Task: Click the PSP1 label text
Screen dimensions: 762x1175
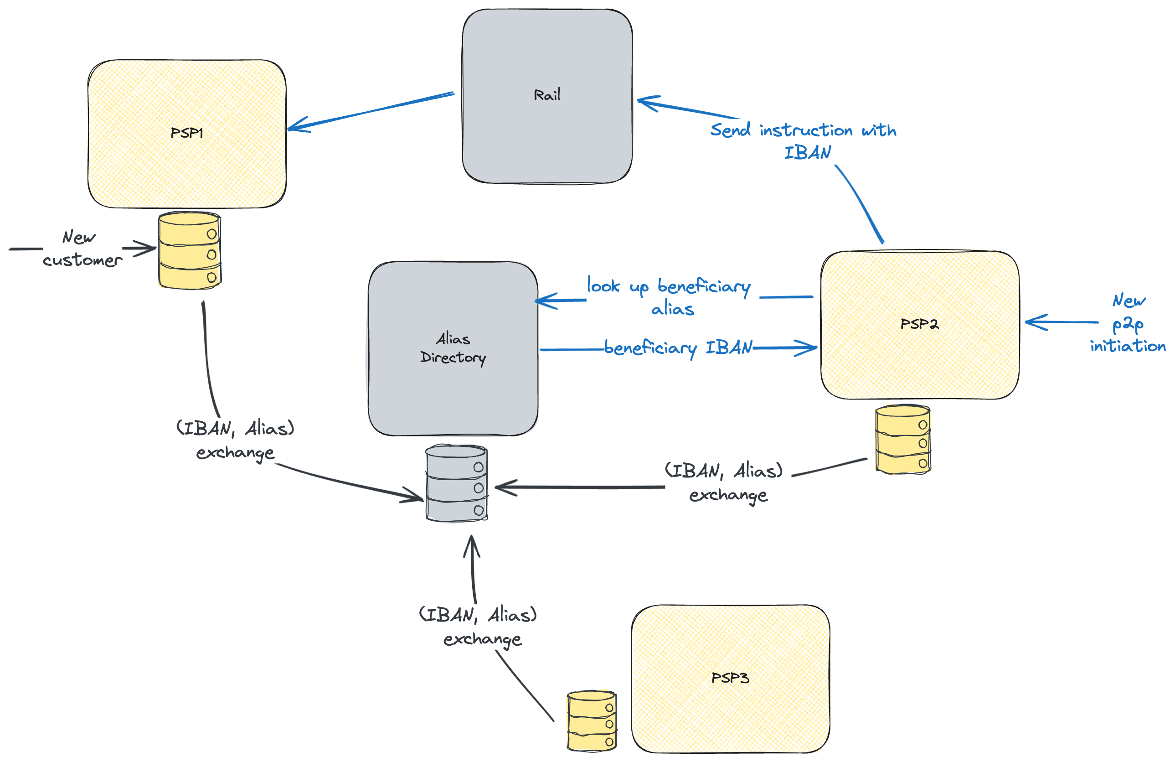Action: (x=186, y=132)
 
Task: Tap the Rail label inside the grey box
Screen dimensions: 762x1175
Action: (x=547, y=95)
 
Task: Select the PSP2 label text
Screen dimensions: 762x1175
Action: (x=919, y=324)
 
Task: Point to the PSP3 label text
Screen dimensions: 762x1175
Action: (x=730, y=678)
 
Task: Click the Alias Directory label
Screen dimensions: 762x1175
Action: (x=453, y=347)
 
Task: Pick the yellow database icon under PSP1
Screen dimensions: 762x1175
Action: (x=190, y=251)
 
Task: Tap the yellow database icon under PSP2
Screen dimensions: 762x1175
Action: (x=902, y=440)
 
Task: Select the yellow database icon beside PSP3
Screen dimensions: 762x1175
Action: (x=592, y=721)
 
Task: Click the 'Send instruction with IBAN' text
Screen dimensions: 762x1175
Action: (x=804, y=141)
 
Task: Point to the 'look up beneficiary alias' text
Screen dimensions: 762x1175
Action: (x=670, y=297)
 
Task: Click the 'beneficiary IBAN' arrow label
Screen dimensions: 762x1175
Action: (x=678, y=347)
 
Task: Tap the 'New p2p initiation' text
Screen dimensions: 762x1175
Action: (x=1128, y=323)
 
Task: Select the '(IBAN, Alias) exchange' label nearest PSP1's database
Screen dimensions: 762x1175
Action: (x=236, y=440)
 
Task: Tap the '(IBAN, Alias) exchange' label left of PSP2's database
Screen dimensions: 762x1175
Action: (x=724, y=482)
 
